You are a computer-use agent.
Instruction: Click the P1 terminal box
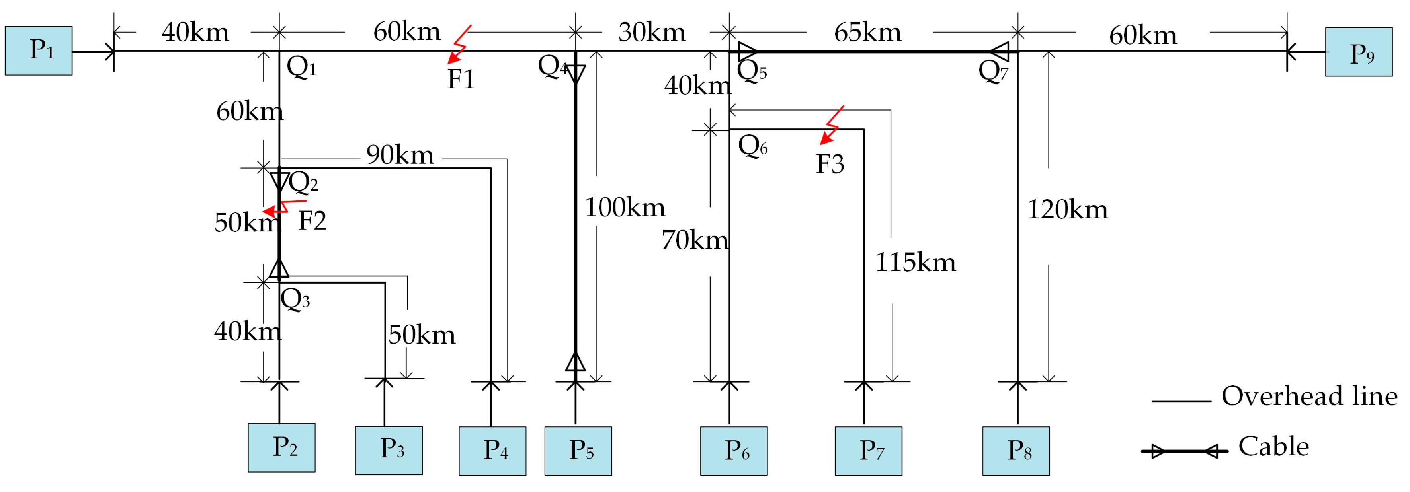point(38,50)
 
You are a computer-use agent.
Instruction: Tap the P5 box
point(578,451)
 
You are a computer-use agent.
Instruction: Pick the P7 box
point(868,451)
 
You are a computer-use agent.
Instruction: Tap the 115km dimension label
point(915,263)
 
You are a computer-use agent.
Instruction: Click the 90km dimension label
point(400,155)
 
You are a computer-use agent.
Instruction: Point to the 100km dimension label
point(625,208)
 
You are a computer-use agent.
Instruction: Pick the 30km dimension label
point(651,33)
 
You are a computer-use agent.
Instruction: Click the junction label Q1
point(301,68)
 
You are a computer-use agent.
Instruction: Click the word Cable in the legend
point(1273,447)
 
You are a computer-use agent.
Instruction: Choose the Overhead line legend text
point(1309,396)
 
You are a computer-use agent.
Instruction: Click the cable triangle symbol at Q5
point(748,51)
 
